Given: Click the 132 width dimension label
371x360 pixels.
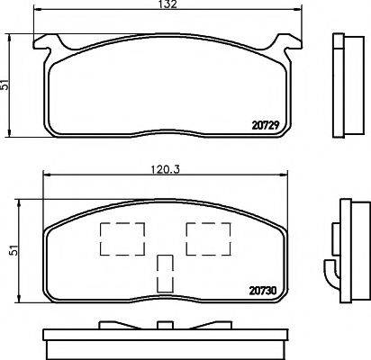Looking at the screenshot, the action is pyautogui.click(x=168, y=4).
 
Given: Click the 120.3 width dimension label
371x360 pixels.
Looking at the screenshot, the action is pyautogui.click(x=165, y=170).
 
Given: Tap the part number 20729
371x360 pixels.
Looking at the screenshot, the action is pyautogui.click(x=266, y=125).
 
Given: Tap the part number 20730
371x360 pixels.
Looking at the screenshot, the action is pyautogui.click(x=263, y=291).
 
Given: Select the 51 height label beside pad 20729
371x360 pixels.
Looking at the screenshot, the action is pyautogui.click(x=5, y=85).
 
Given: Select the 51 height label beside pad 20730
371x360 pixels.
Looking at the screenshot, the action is pyautogui.click(x=14, y=250).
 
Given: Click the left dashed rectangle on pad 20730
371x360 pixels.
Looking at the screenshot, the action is pyautogui.click(x=122, y=239).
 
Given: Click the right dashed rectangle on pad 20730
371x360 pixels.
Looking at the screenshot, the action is pyautogui.click(x=208, y=239).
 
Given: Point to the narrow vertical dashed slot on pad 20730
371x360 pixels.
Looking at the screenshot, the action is pyautogui.click(x=165, y=274).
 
